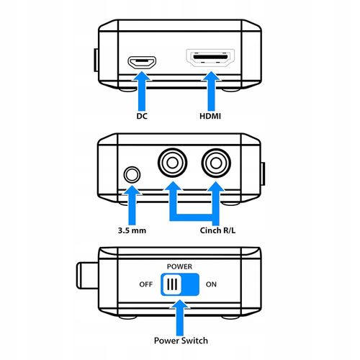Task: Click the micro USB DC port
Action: tap(142, 63)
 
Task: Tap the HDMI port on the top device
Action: tap(210, 58)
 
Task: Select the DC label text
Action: tap(142, 116)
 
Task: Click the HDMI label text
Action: tap(210, 116)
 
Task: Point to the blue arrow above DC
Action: tap(142, 91)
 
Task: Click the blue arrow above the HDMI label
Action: tap(211, 91)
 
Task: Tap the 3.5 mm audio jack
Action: tap(132, 174)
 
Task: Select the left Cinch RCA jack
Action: tap(172, 163)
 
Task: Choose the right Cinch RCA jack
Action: tap(216, 163)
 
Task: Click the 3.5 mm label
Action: tap(132, 230)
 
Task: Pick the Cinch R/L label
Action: tap(217, 230)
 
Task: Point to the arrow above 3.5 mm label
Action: tap(132, 205)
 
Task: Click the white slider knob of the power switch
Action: tap(172, 284)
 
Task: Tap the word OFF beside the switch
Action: tap(146, 284)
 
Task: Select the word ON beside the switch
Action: tap(211, 284)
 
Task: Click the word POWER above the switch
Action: tap(179, 266)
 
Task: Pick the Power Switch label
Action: tap(181, 341)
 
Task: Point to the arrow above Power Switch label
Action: tap(180, 318)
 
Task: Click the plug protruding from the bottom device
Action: tap(88, 276)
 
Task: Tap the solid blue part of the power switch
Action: tap(190, 284)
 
